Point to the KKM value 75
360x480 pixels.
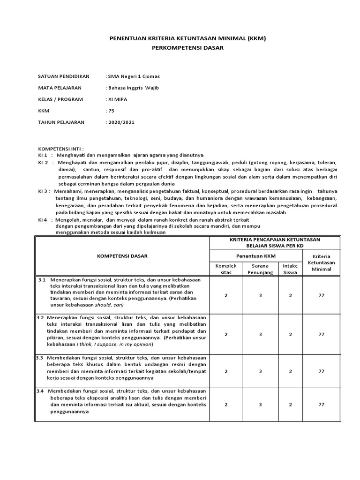[x=111, y=111]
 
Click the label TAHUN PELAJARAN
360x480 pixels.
[x=61, y=122]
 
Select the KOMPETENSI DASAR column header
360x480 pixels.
[x=122, y=256]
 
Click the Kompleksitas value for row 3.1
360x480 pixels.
[x=226, y=295]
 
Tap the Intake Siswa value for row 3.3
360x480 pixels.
[x=290, y=371]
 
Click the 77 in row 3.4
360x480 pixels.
[x=322, y=404]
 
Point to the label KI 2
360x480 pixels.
[x=43, y=162]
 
